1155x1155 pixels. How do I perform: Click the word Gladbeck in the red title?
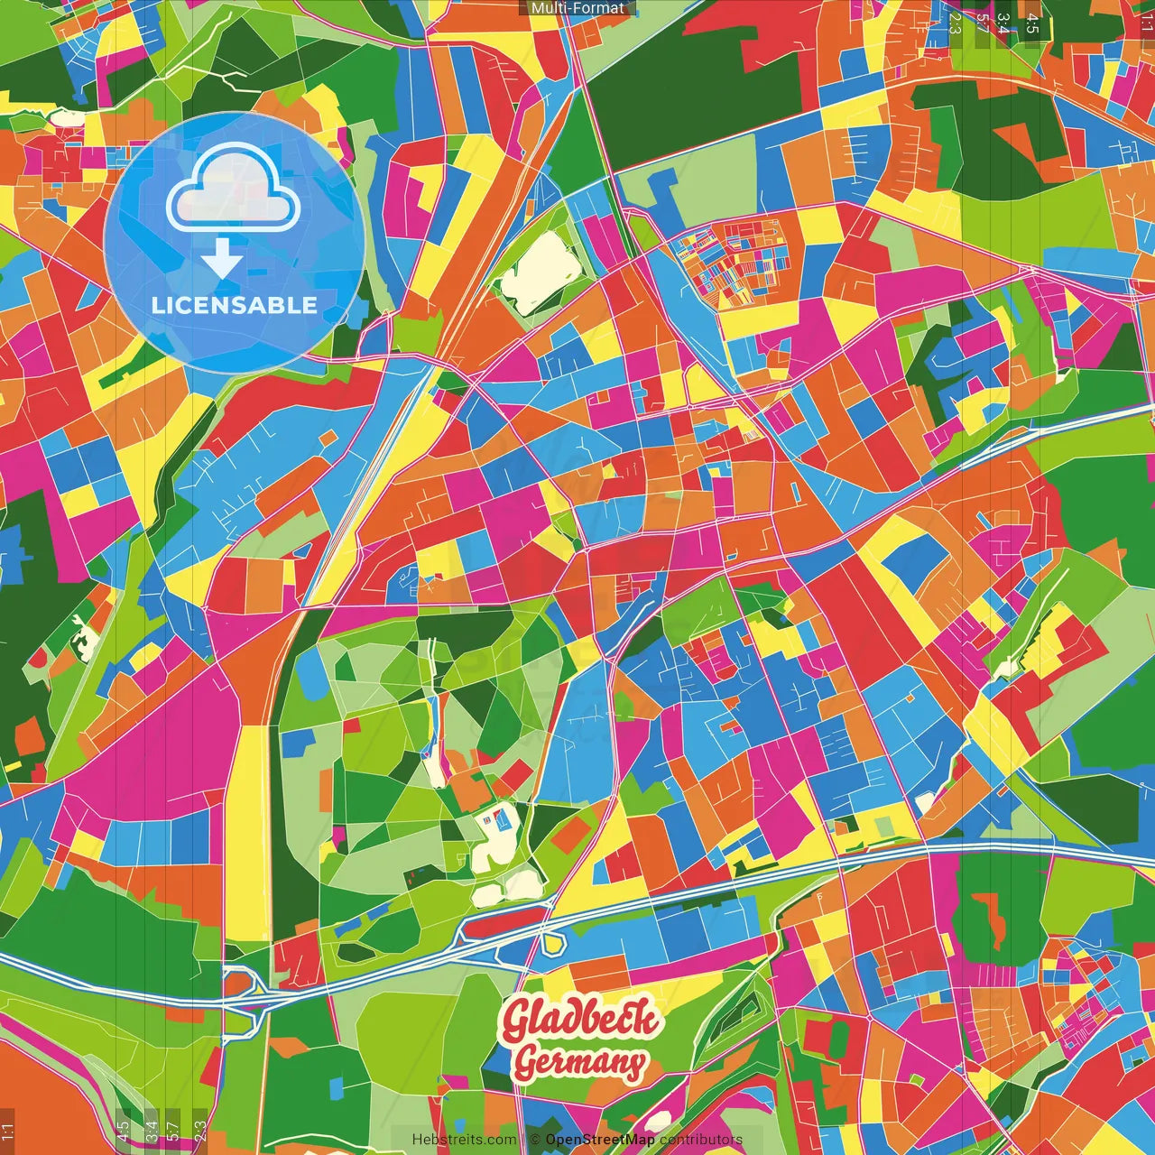[581, 1020]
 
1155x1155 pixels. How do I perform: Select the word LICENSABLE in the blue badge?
[235, 305]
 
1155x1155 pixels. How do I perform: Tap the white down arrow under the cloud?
[221, 260]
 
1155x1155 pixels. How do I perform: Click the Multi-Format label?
[577, 8]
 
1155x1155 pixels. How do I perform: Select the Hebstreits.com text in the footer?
[464, 1140]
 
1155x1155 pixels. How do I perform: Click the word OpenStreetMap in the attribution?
[600, 1140]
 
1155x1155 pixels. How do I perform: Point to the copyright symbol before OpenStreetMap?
[534, 1140]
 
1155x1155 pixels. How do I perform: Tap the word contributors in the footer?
[701, 1140]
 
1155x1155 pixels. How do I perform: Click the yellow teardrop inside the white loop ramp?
[553, 945]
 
